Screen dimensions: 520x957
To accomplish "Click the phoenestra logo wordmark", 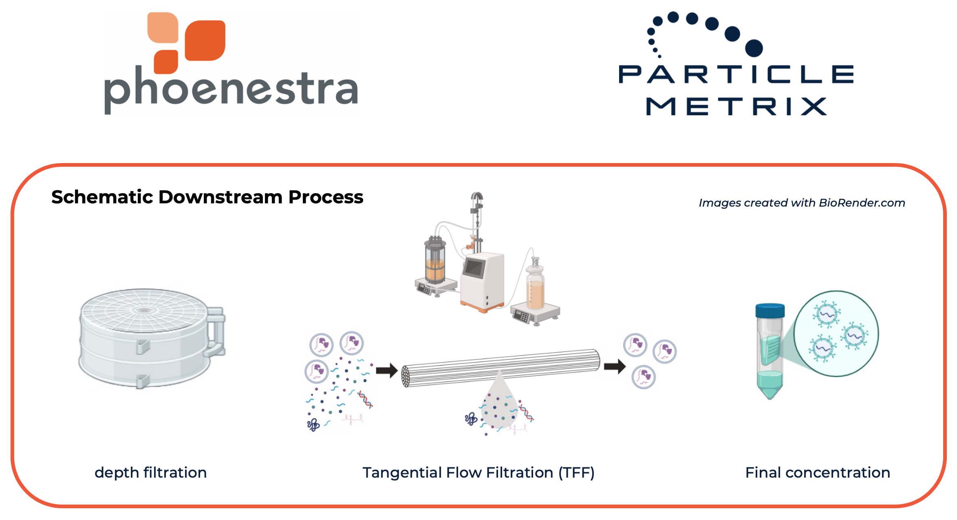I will point(231,90).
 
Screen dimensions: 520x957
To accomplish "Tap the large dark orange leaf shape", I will point(205,40).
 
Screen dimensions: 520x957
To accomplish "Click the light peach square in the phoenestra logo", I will point(163,27).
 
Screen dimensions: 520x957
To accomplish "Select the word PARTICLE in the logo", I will point(736,75).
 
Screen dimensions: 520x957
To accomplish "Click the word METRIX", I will point(736,107).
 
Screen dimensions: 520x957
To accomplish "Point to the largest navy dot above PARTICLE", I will point(754,48).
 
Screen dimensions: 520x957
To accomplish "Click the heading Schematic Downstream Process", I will point(207,197).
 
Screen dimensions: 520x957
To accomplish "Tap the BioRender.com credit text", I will point(802,203).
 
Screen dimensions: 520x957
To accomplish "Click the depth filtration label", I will point(151,473).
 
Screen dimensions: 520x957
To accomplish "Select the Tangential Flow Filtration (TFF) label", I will point(478,473).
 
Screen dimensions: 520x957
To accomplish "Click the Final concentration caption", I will point(818,473).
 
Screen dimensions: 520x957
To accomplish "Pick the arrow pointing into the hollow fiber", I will point(386,370).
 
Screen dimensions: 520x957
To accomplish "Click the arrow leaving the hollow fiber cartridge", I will point(615,366).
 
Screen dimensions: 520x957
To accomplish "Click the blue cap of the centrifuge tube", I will point(770,311).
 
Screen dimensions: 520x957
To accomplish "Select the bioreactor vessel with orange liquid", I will point(435,261).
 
